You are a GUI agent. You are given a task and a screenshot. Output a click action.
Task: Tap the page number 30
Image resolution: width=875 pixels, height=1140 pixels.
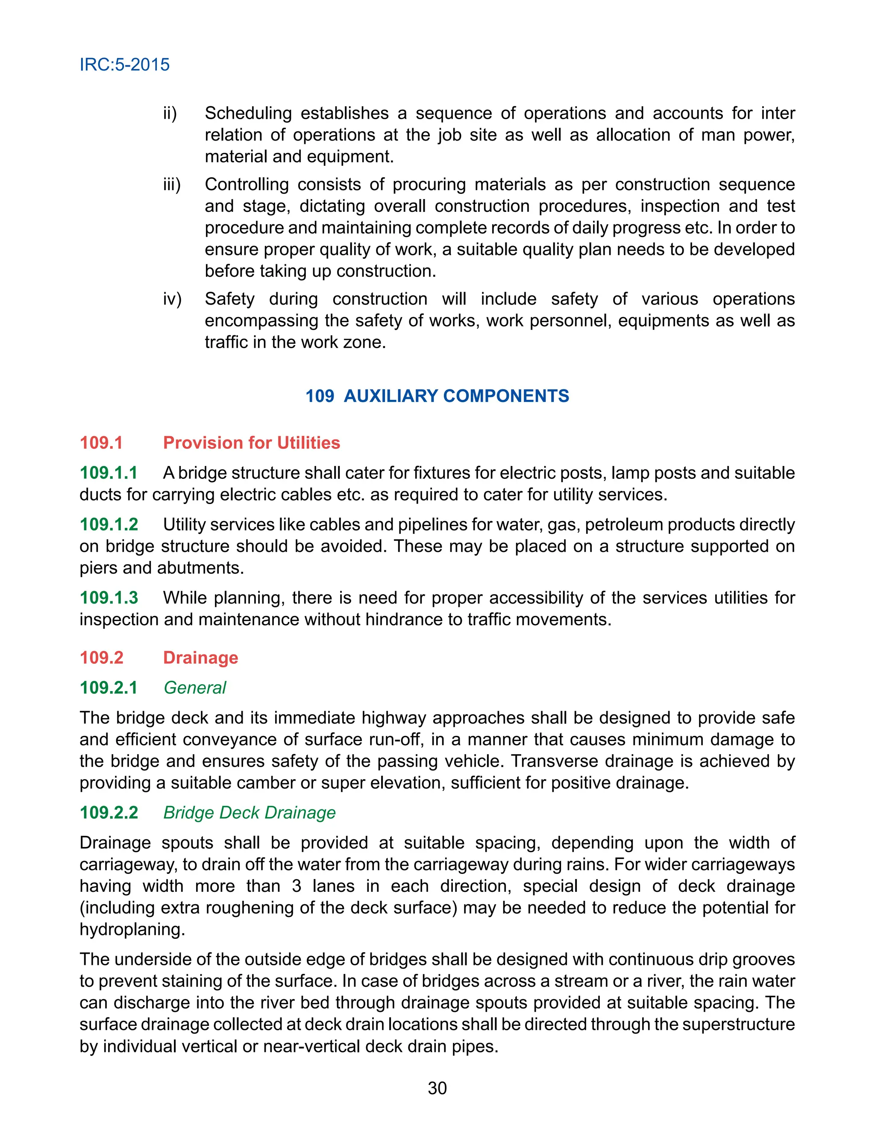(x=437, y=1088)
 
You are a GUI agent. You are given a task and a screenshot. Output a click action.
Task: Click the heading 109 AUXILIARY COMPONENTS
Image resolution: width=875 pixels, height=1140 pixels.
(x=437, y=396)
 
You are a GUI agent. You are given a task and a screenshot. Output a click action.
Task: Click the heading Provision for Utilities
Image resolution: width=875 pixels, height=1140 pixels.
(x=251, y=443)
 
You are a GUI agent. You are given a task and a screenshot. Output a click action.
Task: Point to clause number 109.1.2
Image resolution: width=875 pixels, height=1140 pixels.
(x=109, y=524)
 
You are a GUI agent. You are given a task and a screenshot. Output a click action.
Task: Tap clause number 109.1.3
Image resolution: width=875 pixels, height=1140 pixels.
(x=109, y=598)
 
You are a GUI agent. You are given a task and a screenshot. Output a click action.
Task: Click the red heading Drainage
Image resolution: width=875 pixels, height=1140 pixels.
(x=200, y=657)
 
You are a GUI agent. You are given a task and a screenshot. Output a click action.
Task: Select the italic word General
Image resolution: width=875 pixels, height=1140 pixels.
(x=195, y=688)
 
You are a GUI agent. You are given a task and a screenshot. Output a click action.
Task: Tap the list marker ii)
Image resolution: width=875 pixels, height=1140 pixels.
(x=170, y=113)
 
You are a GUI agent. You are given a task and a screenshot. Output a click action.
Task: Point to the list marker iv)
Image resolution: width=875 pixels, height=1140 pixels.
(x=172, y=299)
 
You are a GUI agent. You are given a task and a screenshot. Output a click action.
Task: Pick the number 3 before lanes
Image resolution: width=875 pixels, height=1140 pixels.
(x=297, y=886)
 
